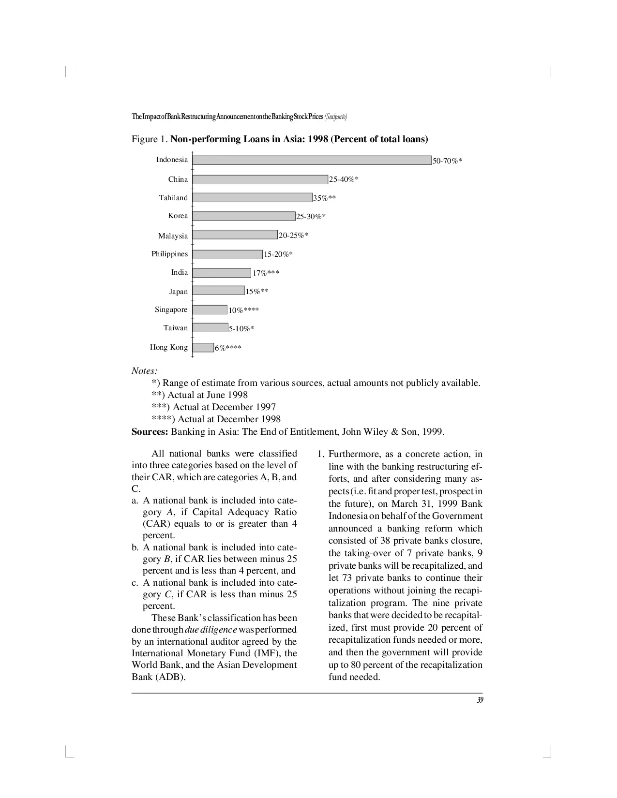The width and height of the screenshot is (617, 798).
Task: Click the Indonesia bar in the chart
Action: click(312, 160)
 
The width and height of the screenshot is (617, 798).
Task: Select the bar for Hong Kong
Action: click(203, 347)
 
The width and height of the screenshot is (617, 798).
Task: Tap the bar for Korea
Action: click(243, 216)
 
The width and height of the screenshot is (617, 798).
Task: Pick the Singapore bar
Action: click(210, 310)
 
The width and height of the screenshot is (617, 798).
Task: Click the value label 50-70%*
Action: click(447, 161)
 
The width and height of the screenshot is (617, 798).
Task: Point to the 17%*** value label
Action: click(266, 273)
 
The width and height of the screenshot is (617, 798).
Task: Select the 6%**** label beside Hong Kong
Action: click(228, 348)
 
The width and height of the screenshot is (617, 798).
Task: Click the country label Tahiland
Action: click(173, 198)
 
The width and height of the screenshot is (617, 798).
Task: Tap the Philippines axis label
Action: click(169, 254)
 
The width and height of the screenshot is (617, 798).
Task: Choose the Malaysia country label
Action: click(173, 236)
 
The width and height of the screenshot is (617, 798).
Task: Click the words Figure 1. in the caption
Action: click(150, 139)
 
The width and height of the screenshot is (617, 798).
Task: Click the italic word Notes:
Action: click(144, 371)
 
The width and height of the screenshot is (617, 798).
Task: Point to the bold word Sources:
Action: click(150, 431)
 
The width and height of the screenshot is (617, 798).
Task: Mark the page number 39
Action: click(480, 700)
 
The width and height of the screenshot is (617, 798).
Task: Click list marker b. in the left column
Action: click(135, 547)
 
